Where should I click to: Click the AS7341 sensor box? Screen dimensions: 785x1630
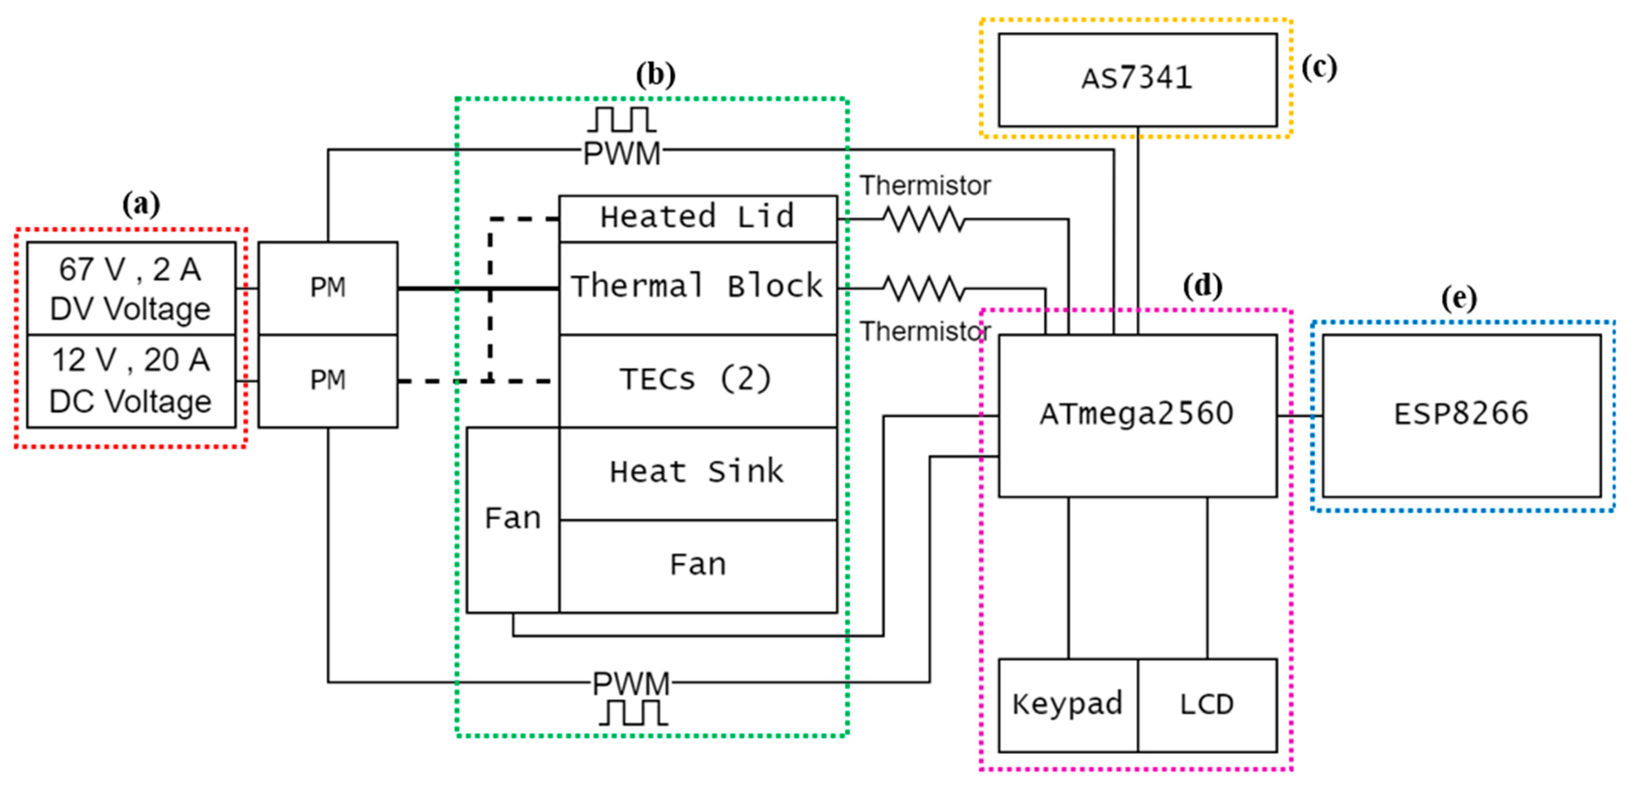point(1137,80)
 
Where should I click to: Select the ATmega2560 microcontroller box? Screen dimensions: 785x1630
point(1137,415)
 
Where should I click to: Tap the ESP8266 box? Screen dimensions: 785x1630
point(1461,415)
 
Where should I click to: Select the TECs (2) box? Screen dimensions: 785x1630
point(697,380)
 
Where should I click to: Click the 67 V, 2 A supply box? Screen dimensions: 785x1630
point(131,288)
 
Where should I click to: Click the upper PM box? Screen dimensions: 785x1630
point(328,288)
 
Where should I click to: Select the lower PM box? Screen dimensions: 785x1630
point(328,380)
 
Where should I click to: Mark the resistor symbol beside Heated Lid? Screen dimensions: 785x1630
point(924,220)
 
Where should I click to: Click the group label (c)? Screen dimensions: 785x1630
point(1319,67)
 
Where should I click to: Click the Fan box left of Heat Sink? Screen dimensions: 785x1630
point(513,519)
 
